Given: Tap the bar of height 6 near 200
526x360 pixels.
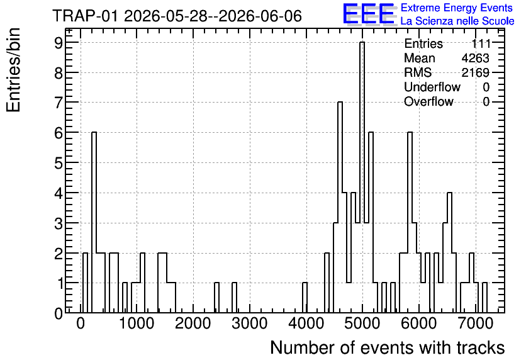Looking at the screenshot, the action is (x=94, y=222).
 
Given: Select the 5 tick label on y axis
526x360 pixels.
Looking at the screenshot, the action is (x=59, y=163).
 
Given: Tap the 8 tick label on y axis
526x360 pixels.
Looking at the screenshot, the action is (x=59, y=73).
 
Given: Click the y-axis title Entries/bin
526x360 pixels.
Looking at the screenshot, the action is (x=13, y=70).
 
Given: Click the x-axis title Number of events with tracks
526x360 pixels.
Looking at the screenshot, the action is (x=388, y=347).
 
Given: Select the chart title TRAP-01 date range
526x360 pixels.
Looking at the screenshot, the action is (x=177, y=16).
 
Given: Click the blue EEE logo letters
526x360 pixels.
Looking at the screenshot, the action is (x=368, y=14).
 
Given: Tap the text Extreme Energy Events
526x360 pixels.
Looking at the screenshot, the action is (x=457, y=8).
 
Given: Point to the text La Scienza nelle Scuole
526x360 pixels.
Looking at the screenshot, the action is (x=457, y=21).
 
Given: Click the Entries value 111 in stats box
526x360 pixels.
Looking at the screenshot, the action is (x=481, y=43).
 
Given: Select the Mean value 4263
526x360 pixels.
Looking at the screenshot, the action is (x=475, y=58).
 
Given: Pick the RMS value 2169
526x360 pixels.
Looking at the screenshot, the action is (x=475, y=72).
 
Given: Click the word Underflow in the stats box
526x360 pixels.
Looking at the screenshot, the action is (x=432, y=87).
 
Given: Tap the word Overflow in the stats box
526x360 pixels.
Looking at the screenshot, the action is (x=428, y=101).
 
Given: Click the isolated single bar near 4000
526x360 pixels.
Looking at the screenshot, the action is (x=305, y=298).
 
